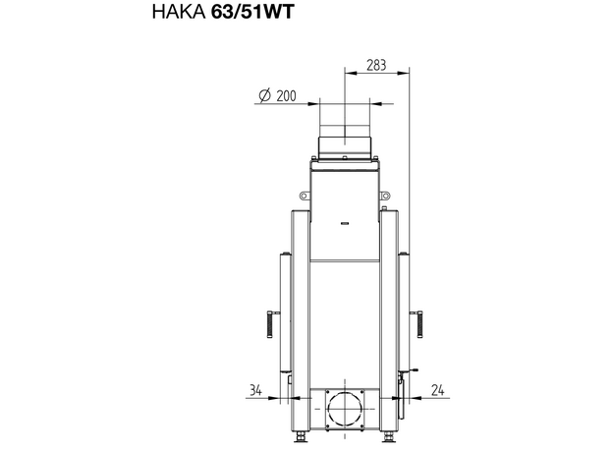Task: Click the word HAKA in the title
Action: tap(179, 12)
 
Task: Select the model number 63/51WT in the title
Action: tap(252, 12)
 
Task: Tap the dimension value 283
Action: tap(376, 65)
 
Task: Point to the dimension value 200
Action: tap(286, 95)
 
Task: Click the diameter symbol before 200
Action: tap(264, 95)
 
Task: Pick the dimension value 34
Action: tap(255, 390)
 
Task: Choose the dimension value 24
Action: tap(438, 390)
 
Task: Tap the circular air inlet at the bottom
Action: tap(345, 409)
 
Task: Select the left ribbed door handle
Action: tap(270, 323)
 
